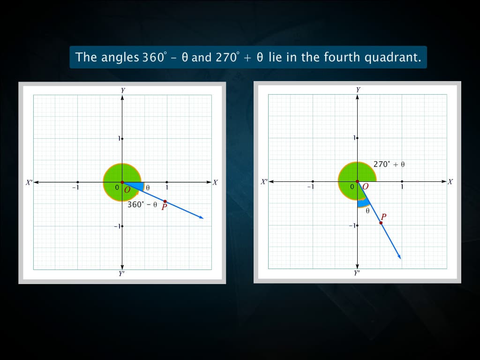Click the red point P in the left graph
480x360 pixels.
point(165,202)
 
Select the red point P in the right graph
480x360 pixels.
point(381,223)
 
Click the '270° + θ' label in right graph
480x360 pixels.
point(389,165)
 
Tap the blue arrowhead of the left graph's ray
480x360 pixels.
point(201,217)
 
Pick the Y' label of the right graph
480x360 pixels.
point(357,272)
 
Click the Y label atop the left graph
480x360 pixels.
point(122,90)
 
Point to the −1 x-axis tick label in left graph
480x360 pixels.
point(74,188)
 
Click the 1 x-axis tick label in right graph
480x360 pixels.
point(402,187)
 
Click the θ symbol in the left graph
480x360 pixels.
point(148,187)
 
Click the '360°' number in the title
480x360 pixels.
point(154,57)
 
